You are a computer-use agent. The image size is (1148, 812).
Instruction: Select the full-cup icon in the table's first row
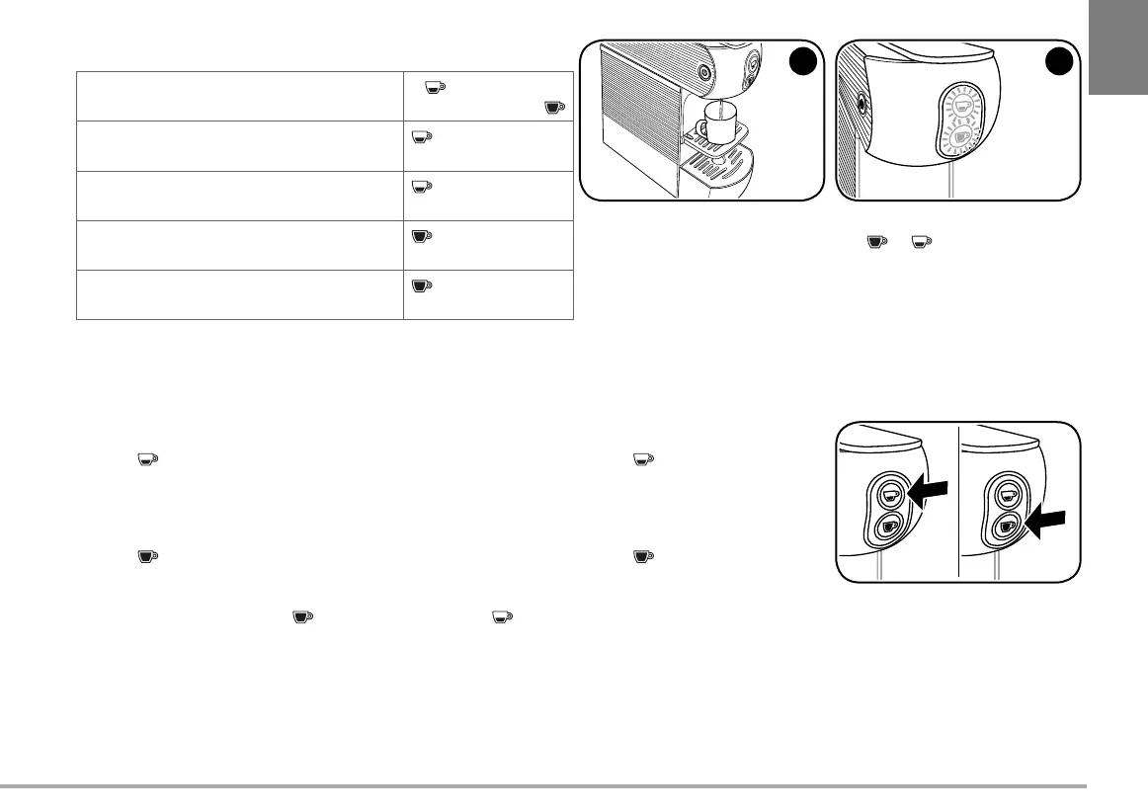(x=554, y=106)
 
